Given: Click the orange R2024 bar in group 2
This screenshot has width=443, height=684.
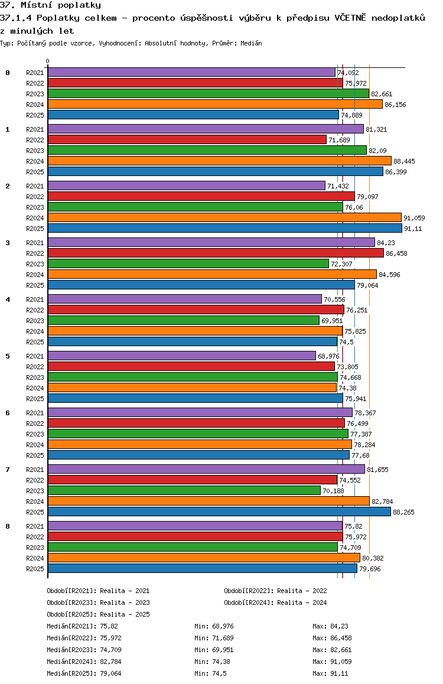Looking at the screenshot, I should click(x=224, y=218).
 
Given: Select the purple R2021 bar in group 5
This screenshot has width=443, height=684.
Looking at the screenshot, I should click(x=182, y=356).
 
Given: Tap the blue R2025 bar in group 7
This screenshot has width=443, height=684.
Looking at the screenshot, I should click(x=219, y=512).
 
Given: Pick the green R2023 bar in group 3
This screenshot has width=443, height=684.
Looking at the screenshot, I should click(x=188, y=263).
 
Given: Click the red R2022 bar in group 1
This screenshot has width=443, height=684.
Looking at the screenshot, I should click(x=187, y=139).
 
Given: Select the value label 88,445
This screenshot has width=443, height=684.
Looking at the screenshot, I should click(x=405, y=161).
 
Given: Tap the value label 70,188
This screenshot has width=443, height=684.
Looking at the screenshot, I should click(x=334, y=491).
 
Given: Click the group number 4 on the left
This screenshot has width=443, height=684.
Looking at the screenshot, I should click(x=8, y=299).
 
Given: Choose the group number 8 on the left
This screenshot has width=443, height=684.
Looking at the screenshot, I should click(x=8, y=526).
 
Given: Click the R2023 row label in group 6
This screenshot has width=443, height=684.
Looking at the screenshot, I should click(x=35, y=434).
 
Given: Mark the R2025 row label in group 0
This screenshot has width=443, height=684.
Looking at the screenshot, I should click(x=35, y=115).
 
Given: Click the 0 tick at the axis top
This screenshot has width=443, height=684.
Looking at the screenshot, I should click(x=48, y=61).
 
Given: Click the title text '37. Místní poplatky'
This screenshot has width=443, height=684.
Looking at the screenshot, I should click(x=51, y=5).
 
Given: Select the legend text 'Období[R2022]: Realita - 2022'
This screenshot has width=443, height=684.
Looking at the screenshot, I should click(x=275, y=591).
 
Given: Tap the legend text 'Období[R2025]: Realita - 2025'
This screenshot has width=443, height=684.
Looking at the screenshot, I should click(x=98, y=614).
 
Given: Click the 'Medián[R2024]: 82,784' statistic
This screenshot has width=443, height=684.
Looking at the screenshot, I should click(x=84, y=662).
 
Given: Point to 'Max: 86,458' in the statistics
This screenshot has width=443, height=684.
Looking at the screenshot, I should click(x=332, y=638).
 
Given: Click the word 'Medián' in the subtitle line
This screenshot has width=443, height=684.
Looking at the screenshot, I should click(x=252, y=44).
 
